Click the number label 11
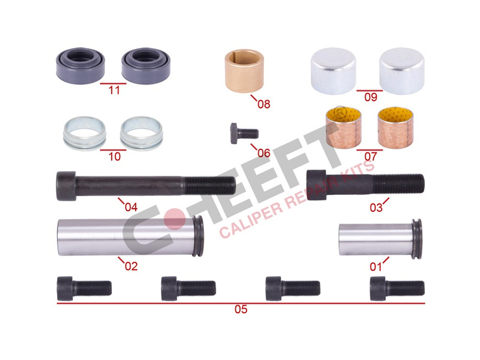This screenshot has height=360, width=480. [x=114, y=91]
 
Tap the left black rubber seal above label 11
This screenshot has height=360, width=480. [x=80, y=65]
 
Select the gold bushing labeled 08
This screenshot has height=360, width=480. [x=244, y=71]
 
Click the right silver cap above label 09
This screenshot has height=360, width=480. [x=401, y=71]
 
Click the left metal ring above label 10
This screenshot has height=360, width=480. [x=84, y=133]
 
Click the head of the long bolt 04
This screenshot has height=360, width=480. [x=66, y=186]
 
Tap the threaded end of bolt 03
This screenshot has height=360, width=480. [x=398, y=183]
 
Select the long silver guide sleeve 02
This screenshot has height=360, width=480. [x=130, y=236]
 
